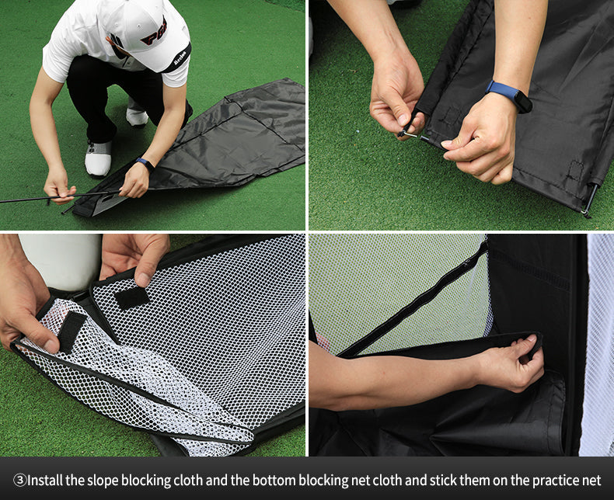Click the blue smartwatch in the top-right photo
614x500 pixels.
click(509, 95)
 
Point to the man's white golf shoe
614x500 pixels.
click(98, 158)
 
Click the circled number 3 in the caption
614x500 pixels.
click(19, 480)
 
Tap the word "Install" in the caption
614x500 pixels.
click(45, 480)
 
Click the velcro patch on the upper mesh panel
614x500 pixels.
click(132, 298)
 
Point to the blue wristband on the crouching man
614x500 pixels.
click(145, 165)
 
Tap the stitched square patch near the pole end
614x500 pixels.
click(576, 170)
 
